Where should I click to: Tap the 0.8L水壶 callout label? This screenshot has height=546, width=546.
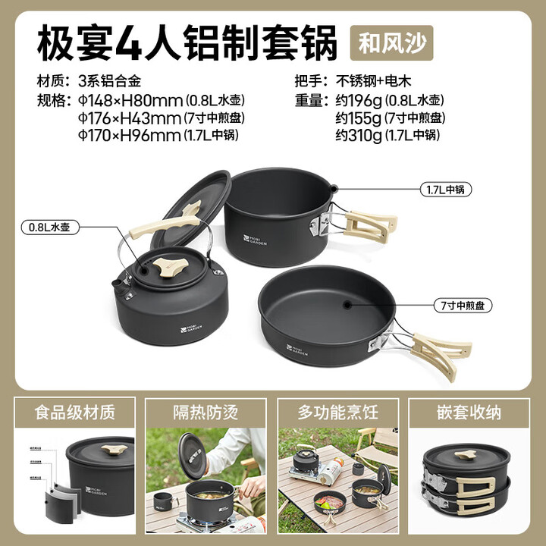[50, 226]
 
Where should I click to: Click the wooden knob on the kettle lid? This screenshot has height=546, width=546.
[165, 265]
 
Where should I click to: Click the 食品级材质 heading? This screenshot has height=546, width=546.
[74, 413]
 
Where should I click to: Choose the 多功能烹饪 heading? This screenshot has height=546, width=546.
[337, 413]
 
